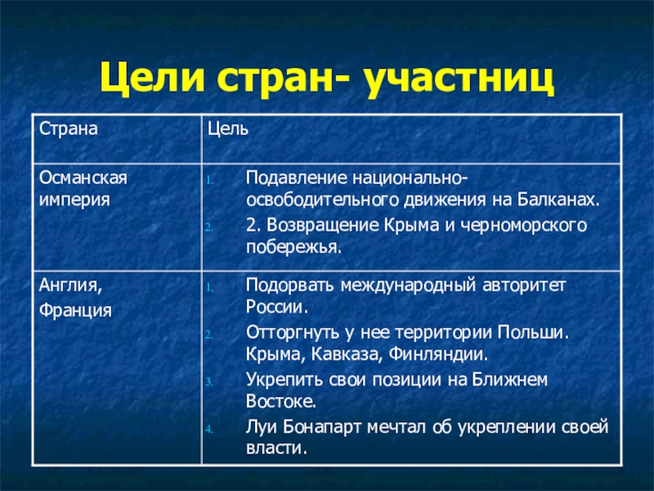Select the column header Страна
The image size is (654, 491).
pyautogui.click(x=62, y=128)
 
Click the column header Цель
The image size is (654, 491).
pyautogui.click(x=228, y=128)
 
